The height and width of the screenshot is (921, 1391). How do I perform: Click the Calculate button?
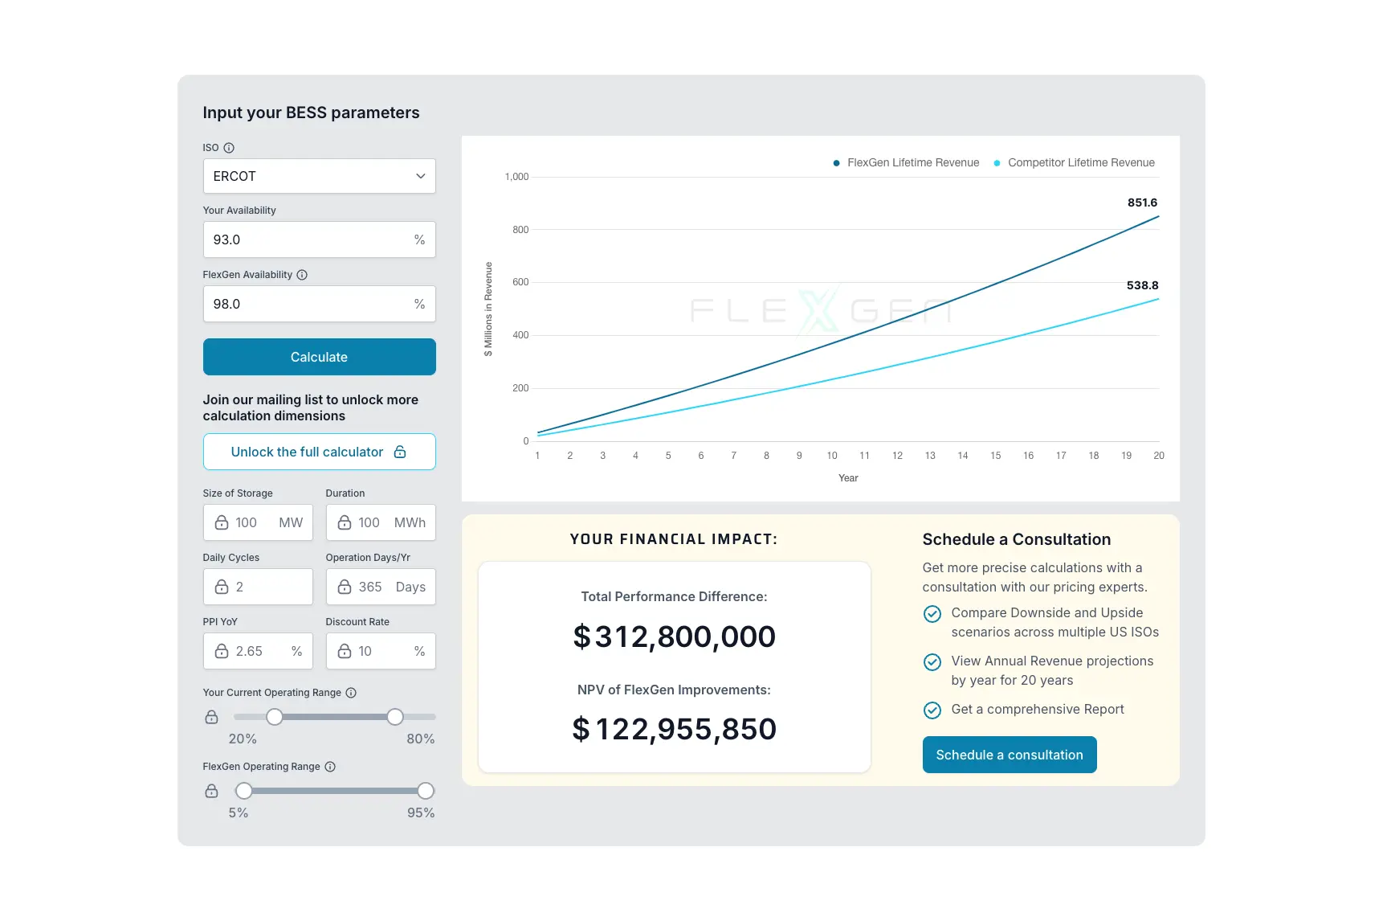click(319, 357)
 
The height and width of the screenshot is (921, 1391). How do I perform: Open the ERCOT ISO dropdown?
click(319, 176)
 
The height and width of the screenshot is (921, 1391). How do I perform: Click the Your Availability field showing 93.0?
click(319, 239)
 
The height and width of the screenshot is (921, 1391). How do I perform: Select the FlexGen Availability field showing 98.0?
click(319, 304)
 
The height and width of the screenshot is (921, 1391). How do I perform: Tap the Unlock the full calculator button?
click(319, 452)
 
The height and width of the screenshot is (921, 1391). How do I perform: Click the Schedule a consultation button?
click(1009, 755)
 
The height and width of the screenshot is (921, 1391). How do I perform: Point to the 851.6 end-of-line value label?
click(1142, 203)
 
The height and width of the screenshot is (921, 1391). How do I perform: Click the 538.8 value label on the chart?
click(1142, 285)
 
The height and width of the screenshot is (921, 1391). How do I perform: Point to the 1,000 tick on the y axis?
click(516, 177)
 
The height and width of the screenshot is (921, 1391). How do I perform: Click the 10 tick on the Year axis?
click(832, 456)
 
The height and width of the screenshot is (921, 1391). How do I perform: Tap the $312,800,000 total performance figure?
click(674, 637)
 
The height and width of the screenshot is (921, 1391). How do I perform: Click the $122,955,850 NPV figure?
click(674, 729)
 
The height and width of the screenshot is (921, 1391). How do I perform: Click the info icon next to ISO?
click(229, 148)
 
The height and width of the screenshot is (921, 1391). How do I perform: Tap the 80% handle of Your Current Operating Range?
click(395, 717)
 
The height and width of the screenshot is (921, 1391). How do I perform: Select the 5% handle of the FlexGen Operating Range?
click(244, 791)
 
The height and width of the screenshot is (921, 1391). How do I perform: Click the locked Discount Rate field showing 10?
click(381, 651)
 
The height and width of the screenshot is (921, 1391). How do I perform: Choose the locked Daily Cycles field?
click(258, 587)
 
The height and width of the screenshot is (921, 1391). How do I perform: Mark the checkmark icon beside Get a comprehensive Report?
click(932, 710)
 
